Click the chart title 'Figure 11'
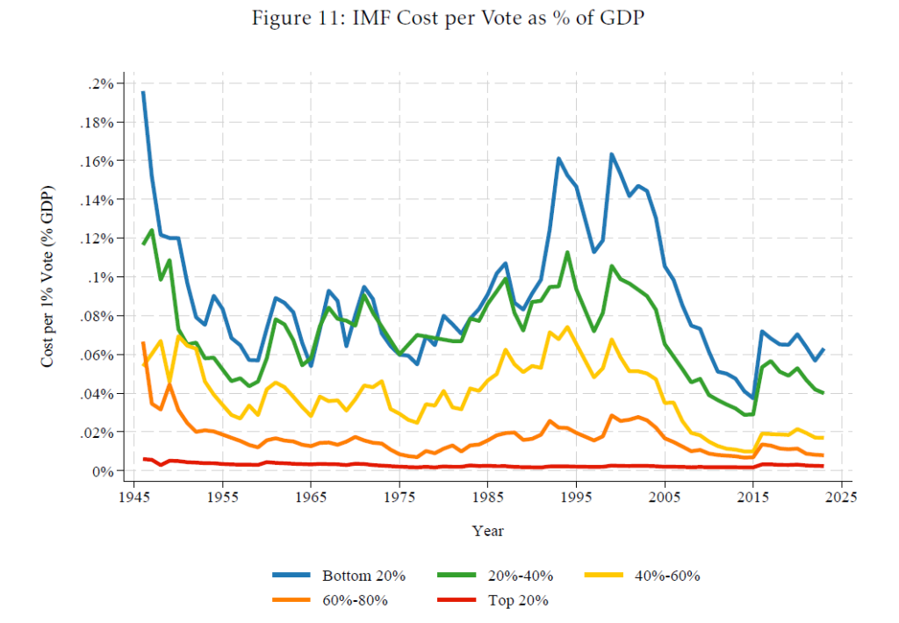(x=449, y=19)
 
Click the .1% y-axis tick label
(x=104, y=277)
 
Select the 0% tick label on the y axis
(x=106, y=471)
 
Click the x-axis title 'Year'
(x=487, y=531)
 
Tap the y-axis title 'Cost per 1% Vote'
(x=50, y=277)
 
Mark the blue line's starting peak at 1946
(x=143, y=92)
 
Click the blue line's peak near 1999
(x=611, y=154)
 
